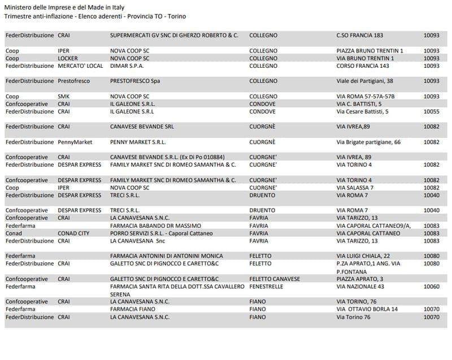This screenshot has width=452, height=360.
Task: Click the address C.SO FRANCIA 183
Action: click(359, 35)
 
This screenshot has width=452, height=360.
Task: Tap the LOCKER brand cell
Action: click(68, 58)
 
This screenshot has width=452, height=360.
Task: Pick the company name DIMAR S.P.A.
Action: click(127, 66)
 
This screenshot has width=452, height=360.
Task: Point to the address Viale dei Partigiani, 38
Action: click(364, 81)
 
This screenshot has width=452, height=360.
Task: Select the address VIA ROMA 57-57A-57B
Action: click(366, 97)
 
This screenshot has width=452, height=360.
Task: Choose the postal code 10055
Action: click(432, 112)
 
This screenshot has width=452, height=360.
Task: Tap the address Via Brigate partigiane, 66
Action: click(368, 142)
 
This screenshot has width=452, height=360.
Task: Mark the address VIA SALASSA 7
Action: click(355, 188)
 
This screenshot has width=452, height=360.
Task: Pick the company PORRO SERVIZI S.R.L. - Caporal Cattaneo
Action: click(162, 233)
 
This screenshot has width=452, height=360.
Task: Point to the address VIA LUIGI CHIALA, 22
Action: click(363, 256)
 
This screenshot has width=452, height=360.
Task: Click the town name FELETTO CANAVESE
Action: click(275, 279)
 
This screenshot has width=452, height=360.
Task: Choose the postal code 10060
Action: click(432, 287)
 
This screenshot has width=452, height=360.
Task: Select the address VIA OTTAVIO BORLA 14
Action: click(367, 309)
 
